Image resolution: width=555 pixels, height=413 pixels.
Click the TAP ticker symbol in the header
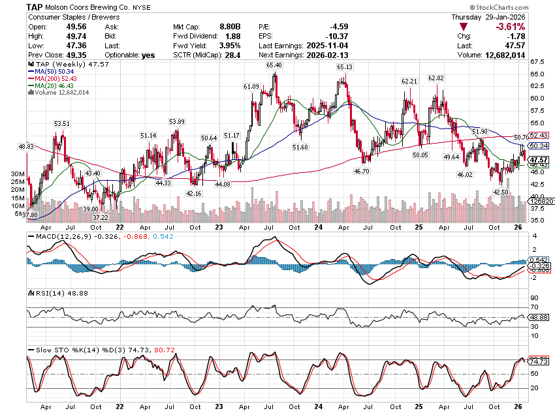point(35,6)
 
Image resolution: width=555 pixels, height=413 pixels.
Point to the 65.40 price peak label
point(274,65)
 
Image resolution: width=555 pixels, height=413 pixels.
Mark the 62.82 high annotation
point(436,78)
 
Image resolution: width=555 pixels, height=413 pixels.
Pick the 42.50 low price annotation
point(501,192)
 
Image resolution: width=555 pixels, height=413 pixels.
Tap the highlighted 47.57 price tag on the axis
point(539,160)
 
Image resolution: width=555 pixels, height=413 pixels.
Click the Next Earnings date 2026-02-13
point(339,55)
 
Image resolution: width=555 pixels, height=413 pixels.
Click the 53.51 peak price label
point(62,123)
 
